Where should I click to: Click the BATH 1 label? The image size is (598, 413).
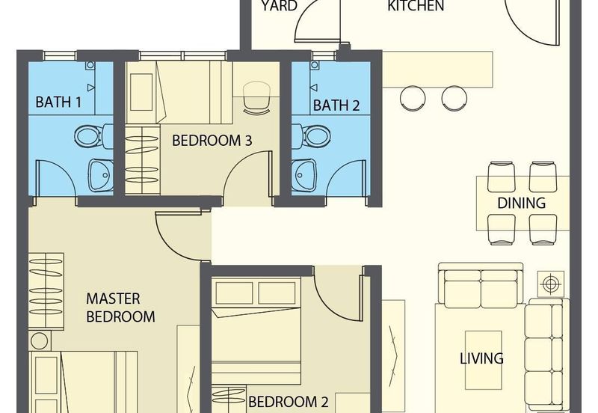click(58, 102)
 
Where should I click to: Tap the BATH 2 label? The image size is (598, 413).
click(336, 105)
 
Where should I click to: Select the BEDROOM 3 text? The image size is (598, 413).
click(212, 141)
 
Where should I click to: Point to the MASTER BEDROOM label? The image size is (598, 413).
click(120, 308)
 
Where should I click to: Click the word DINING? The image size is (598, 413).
click(521, 203)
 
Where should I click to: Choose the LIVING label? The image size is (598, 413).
click(481, 358)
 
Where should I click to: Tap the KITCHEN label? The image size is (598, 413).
click(416, 6)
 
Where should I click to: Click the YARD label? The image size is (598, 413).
click(279, 6)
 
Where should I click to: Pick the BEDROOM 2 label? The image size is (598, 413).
click(288, 402)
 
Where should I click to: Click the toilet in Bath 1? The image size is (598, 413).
click(93, 136)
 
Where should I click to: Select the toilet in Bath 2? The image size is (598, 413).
click(311, 135)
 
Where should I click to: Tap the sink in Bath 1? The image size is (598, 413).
click(101, 175)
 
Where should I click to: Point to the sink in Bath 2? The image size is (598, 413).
click(304, 175)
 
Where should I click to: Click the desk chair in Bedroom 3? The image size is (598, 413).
click(256, 97)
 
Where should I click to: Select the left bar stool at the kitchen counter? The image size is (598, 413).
click(413, 98)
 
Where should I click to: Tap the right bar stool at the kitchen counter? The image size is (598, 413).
click(454, 98)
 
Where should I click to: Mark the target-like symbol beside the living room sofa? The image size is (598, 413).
click(550, 284)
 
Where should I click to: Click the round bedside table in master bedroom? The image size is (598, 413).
click(40, 341)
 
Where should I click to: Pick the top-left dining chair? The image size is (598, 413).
click(502, 177)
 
